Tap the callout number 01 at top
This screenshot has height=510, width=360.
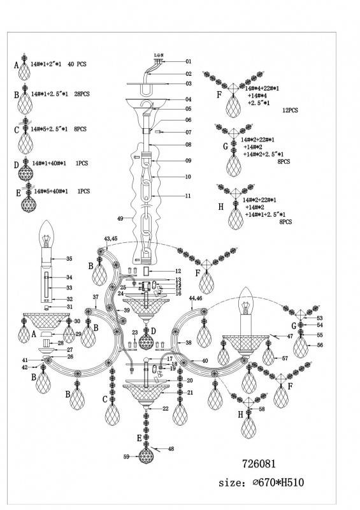188,62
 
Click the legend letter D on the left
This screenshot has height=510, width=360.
17,164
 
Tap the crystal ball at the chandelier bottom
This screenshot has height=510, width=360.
148,457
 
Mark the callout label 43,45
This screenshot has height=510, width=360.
110,239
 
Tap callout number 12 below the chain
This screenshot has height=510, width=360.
179,272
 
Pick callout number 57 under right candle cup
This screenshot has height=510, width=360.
285,359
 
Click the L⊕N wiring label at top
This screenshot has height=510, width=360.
159,55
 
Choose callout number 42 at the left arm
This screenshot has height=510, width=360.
25,367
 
